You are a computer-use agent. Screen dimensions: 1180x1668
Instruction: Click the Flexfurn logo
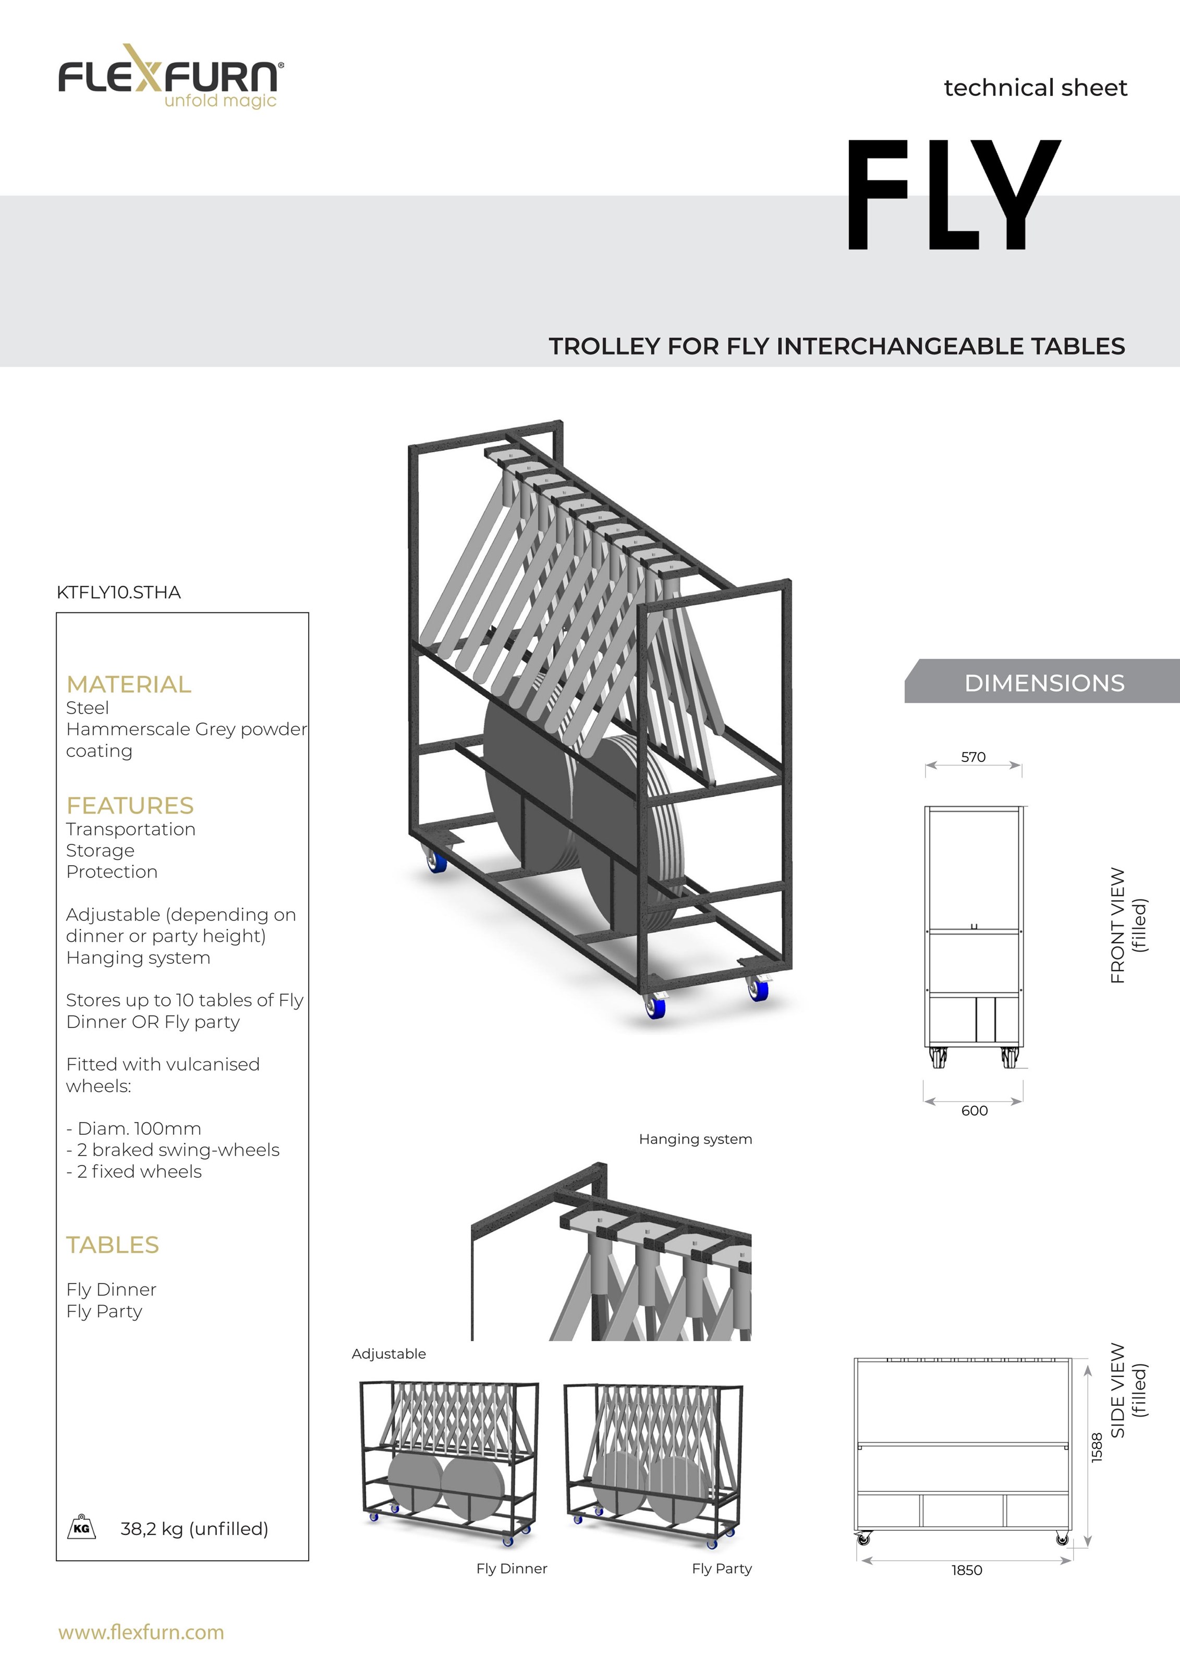[171, 76]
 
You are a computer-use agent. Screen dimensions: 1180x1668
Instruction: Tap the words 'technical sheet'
[1036, 88]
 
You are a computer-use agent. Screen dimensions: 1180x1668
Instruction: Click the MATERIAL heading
[129, 684]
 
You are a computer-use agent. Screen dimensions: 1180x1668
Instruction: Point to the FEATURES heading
[130, 806]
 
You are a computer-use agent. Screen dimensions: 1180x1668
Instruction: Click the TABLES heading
[113, 1245]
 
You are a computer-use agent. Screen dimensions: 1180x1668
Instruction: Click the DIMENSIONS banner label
[1044, 683]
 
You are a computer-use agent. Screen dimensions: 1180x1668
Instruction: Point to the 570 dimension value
[974, 757]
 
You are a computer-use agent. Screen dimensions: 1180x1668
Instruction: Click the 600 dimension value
[975, 1111]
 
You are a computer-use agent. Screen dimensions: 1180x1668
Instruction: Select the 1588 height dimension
[1097, 1447]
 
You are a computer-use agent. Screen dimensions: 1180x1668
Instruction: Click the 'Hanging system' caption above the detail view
[696, 1139]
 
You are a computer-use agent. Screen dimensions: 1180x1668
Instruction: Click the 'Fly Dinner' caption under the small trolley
[512, 1568]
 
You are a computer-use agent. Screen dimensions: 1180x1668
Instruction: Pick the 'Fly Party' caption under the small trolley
[722, 1568]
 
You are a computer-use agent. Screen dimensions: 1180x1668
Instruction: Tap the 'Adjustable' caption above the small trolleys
[389, 1354]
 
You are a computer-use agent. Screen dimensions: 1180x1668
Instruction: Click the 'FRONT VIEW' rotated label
[1117, 926]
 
